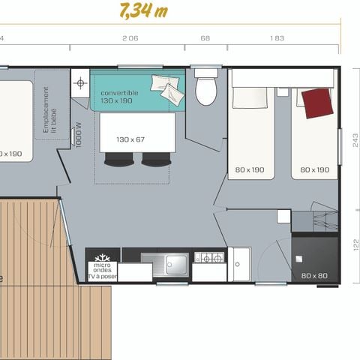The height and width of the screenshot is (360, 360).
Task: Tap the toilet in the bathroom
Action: pyautogui.click(x=205, y=90)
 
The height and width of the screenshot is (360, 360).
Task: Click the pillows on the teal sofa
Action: pyautogui.click(x=166, y=88)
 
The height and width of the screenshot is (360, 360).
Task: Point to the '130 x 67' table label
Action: pyautogui.click(x=130, y=139)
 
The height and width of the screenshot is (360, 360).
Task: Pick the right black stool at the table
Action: pyautogui.click(x=155, y=158)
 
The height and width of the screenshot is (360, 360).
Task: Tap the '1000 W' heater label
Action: pyautogui.click(x=79, y=135)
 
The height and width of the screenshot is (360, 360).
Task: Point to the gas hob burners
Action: pyautogui.click(x=209, y=257)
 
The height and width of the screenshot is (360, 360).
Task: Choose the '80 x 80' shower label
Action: pyautogui.click(x=315, y=275)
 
